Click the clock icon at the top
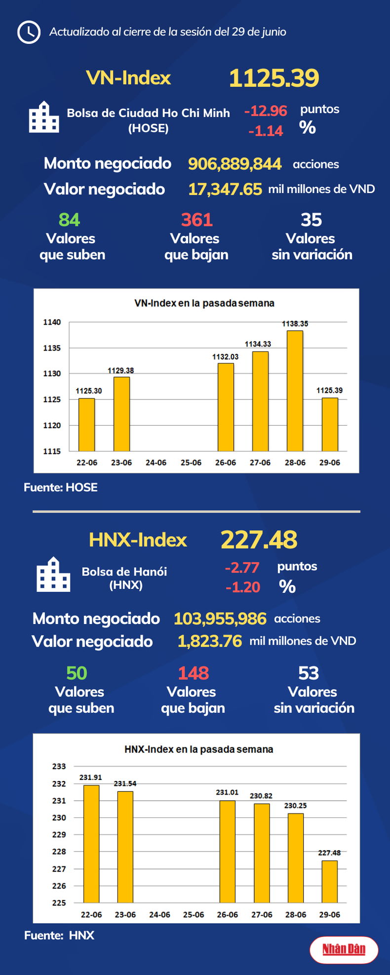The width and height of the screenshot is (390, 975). click(29, 33)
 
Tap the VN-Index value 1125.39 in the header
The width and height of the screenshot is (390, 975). click(274, 78)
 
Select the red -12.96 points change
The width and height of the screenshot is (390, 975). click(266, 111)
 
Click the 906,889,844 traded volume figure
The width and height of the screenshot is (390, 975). click(235, 164)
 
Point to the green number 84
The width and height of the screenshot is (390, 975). click(69, 220)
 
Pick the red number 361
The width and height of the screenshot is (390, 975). click(196, 220)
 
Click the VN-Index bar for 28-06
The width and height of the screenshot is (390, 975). click(295, 390)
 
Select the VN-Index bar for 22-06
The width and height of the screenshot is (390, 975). click(87, 425)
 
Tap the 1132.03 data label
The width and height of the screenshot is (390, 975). click(225, 356)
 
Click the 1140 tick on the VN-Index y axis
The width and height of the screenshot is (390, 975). click(52, 322)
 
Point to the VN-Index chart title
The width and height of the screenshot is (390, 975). click(204, 303)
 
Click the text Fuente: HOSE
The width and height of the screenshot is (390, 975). click(61, 487)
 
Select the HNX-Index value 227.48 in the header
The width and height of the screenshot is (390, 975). click(259, 540)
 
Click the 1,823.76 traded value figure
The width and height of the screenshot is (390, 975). click(210, 641)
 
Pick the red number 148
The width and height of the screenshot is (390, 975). click(194, 673)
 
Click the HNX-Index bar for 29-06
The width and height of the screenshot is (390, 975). click(329, 882)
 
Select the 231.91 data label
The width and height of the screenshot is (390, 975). click(91, 778)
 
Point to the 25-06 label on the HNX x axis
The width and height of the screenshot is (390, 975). click(194, 915)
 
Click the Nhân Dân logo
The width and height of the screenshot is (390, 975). click(344, 949)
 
